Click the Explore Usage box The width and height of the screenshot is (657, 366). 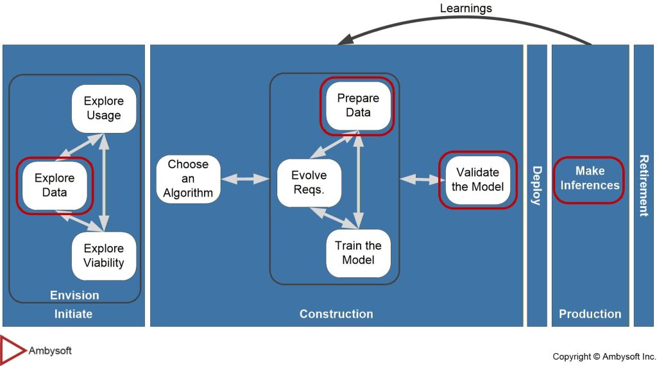pos(103,108)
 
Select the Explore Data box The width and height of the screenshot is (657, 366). pos(55,185)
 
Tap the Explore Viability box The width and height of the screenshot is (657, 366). pos(103,256)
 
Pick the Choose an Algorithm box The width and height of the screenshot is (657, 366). pos(188,179)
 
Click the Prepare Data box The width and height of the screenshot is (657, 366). pos(358,105)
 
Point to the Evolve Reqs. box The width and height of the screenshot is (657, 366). pos(309,182)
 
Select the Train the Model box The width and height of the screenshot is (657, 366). pos(358,252)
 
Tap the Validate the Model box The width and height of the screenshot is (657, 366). pos(477,180)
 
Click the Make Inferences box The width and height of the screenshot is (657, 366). pos(589,179)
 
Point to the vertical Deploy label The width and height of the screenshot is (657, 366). pos(536,186)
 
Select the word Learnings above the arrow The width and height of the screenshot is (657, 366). pos(466,8)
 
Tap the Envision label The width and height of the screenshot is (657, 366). pos(74,295)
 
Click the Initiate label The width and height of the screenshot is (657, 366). pos(73,314)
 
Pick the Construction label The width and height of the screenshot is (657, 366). pos(336,314)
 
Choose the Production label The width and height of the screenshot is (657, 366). pos(590,314)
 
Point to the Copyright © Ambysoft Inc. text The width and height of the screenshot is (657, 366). pos(604,356)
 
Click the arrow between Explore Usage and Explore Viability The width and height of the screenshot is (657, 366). pos(104,181)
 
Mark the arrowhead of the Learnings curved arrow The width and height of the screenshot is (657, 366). pos(345,39)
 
